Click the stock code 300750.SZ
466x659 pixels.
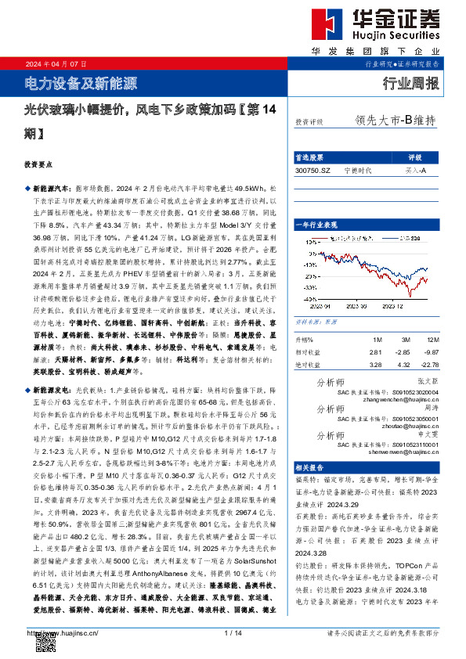pyautogui.click(x=313, y=169)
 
